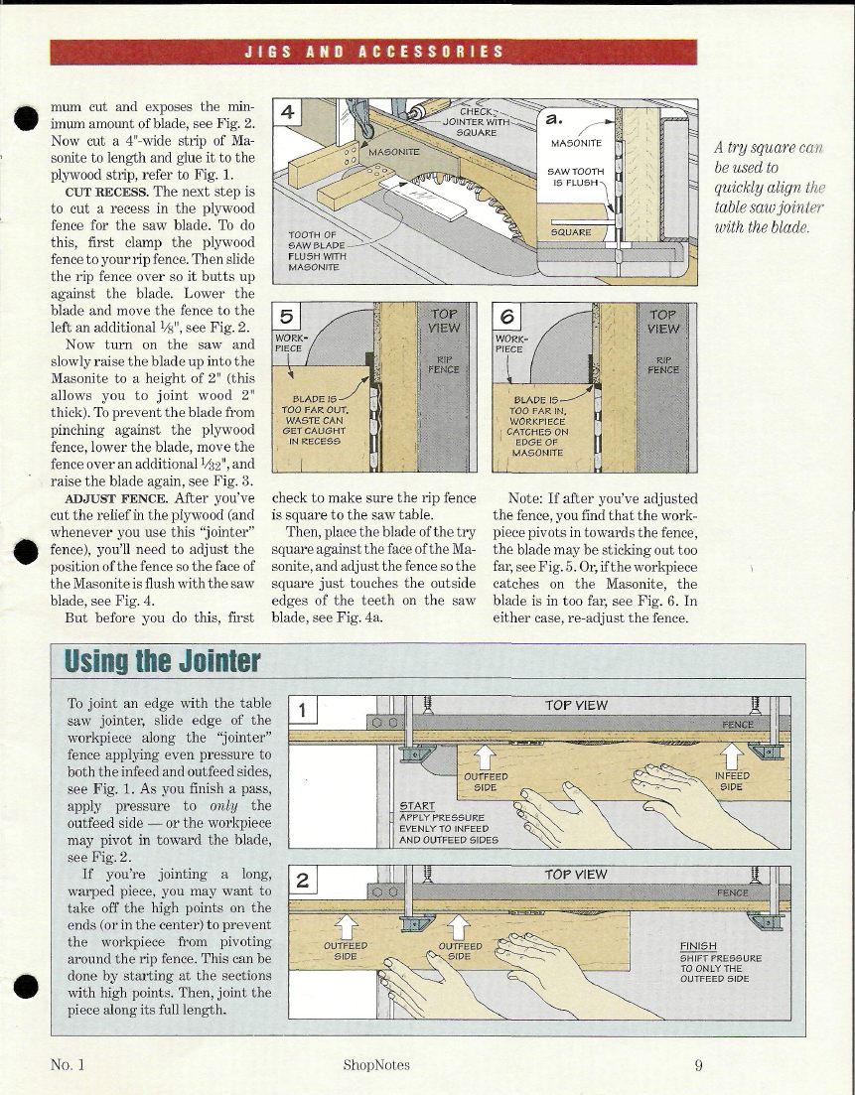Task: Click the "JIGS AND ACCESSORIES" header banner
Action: pyautogui.click(x=374, y=52)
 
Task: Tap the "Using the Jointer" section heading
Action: pyautogui.click(x=163, y=660)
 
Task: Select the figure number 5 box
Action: pyautogui.click(x=287, y=318)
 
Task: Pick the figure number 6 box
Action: pyautogui.click(x=506, y=318)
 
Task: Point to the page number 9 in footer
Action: pyautogui.click(x=699, y=1065)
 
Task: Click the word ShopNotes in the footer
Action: pyautogui.click(x=375, y=1065)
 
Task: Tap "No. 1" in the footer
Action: pyautogui.click(x=68, y=1065)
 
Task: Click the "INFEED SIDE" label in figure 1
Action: pyautogui.click(x=732, y=780)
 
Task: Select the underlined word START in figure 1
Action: pyautogui.click(x=416, y=805)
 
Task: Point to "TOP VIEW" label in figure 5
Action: pyautogui.click(x=444, y=321)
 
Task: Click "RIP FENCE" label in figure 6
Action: pyautogui.click(x=663, y=364)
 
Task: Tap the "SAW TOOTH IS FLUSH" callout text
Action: pyautogui.click(x=576, y=177)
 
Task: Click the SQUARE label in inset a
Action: pyautogui.click(x=571, y=232)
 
